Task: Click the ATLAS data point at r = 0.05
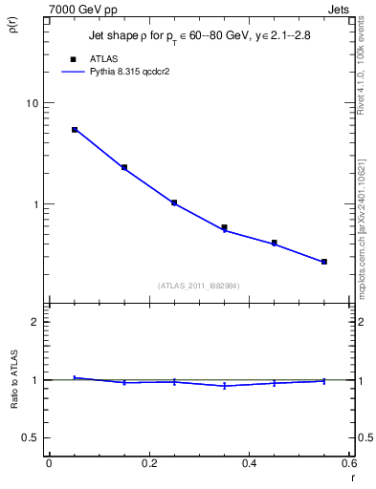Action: pos(75,129)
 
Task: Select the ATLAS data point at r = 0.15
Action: pos(124,167)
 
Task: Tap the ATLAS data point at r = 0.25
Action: pos(174,202)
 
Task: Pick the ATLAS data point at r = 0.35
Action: pos(224,227)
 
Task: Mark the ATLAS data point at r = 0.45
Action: pos(275,243)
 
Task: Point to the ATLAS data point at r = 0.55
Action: pos(324,262)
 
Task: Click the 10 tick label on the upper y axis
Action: pos(31,103)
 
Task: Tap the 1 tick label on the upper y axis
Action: pos(34,204)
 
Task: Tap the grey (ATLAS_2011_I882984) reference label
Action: pos(199,286)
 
